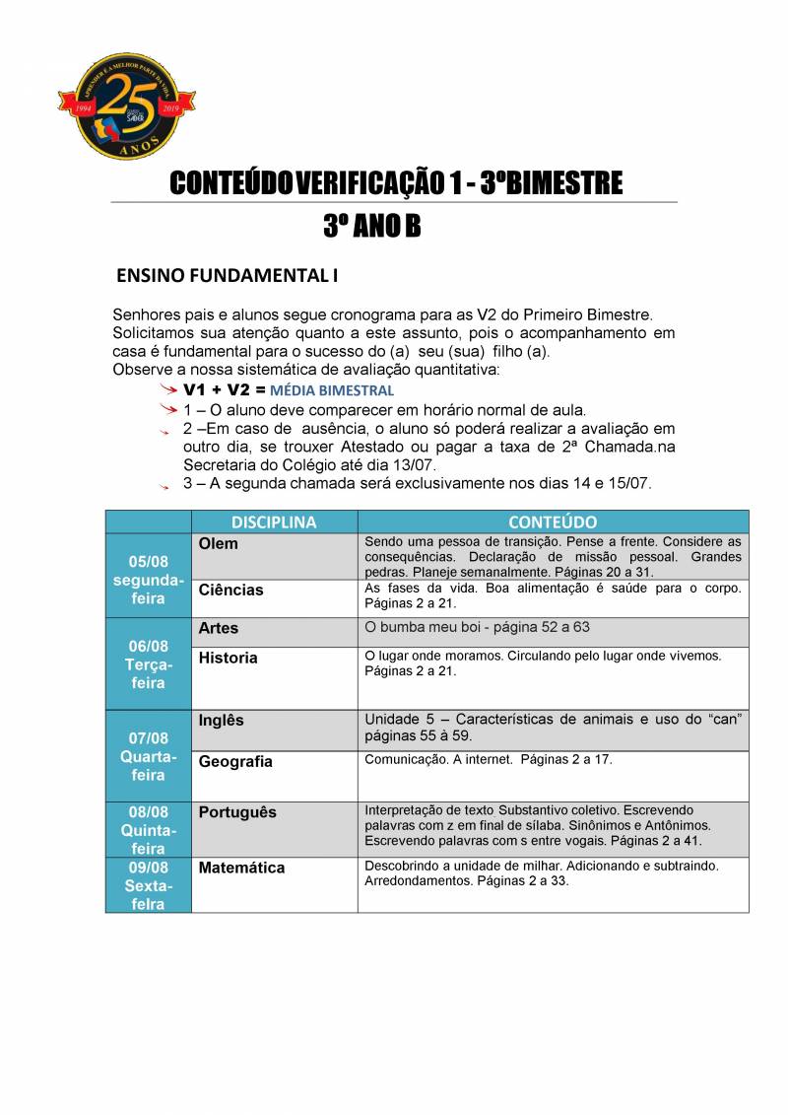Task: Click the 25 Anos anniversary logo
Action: click(x=128, y=107)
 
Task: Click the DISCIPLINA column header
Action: click(x=274, y=522)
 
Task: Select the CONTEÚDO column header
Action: click(x=553, y=522)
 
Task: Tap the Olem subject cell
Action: click(x=274, y=556)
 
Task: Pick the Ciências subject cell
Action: click(x=274, y=597)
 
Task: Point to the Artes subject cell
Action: click(x=274, y=632)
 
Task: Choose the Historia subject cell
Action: click(x=274, y=677)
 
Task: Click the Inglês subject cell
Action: click(x=274, y=730)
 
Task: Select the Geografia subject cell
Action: click(x=274, y=775)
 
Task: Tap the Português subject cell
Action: click(x=274, y=828)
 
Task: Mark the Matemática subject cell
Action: click(x=274, y=883)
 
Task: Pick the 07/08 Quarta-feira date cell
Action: click(x=148, y=756)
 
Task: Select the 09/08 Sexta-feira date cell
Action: click(x=148, y=885)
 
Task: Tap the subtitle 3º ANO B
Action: click(x=371, y=227)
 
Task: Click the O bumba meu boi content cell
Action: click(x=553, y=632)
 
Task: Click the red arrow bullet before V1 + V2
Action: click(x=169, y=390)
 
